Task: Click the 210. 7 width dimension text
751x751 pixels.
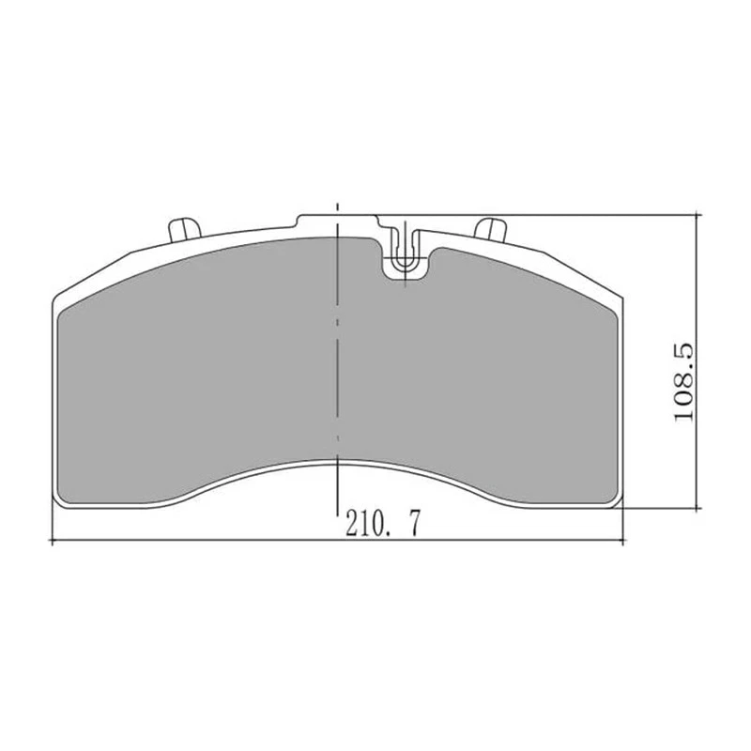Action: pos(383,524)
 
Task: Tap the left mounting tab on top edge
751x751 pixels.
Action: pos(185,230)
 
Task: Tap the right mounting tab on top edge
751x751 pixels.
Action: pos(490,229)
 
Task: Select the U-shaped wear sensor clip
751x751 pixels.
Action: pos(405,253)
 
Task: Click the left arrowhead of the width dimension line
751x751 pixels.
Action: pos(53,542)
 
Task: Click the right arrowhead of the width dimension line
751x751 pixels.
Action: pos(621,542)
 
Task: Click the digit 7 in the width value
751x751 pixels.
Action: pos(414,524)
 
